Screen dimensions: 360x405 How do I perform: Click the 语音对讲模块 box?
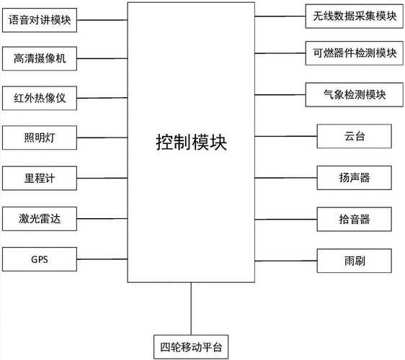(39, 20)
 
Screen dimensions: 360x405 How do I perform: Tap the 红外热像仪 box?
(39, 98)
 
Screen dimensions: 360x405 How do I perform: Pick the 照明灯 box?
(39, 137)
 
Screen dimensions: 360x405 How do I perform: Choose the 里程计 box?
(39, 178)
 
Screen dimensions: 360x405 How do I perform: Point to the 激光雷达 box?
(39, 217)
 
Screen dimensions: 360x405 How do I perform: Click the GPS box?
(39, 258)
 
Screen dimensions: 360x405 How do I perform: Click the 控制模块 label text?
(191, 141)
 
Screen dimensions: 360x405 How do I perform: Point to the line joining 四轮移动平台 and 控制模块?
(191, 310)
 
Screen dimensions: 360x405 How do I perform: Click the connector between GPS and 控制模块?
(102, 258)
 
